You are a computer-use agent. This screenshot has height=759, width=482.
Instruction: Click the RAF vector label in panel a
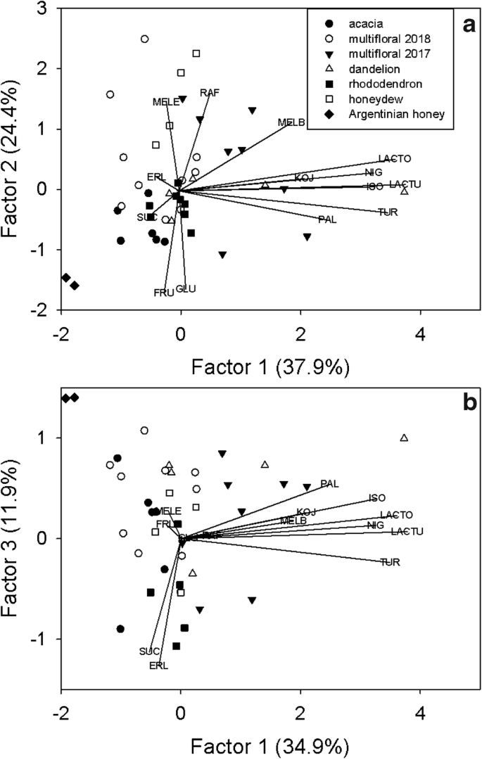coord(210,93)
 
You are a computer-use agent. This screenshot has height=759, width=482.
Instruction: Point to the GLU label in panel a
coord(185,288)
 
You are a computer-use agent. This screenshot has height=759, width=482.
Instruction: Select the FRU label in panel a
coord(163,292)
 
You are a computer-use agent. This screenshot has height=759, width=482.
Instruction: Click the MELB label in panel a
coord(291,122)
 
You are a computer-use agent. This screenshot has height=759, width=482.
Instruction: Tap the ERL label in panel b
coord(158,665)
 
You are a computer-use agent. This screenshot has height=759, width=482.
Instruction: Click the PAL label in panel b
coord(329,483)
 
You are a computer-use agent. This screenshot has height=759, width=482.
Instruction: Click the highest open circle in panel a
coord(144,39)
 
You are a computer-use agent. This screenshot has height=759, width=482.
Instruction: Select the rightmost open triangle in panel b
coord(404,438)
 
